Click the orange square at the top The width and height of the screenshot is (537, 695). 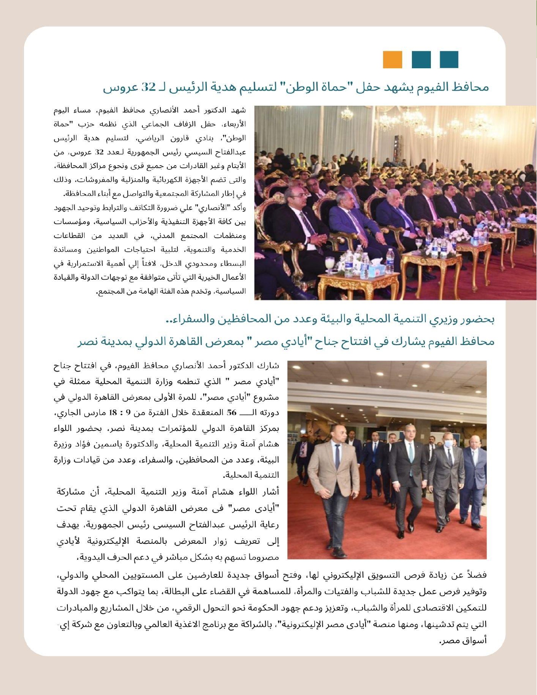pyautogui.click(x=393, y=59)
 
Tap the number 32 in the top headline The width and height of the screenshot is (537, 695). pyautogui.click(x=148, y=87)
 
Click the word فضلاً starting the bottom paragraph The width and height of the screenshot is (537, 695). pyautogui.click(x=476, y=575)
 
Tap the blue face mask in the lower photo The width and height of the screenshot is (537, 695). pyautogui.click(x=449, y=444)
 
